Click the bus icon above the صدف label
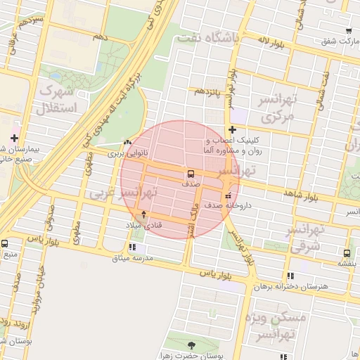pos(191,173)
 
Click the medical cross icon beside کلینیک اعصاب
pos(232,129)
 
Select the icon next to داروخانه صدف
pos(227,195)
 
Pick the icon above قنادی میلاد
pos(144,214)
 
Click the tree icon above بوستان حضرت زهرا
pos(193,345)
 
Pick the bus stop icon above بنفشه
pos(347,253)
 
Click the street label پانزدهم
pos(209,92)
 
